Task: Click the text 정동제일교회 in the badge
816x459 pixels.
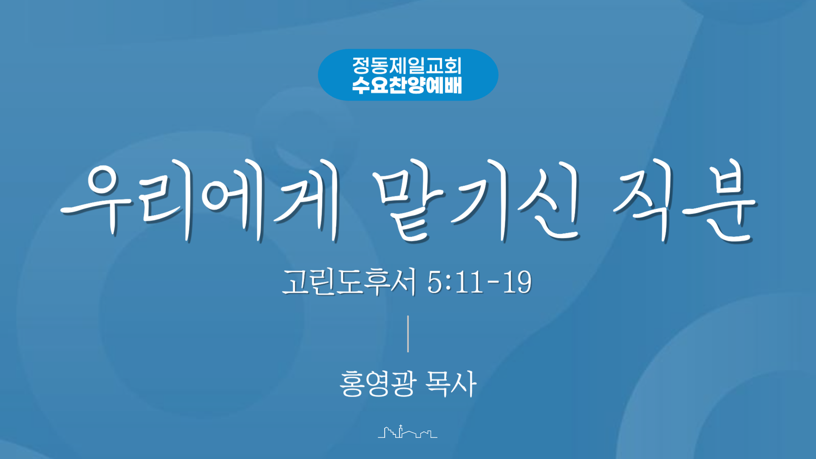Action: [407, 65]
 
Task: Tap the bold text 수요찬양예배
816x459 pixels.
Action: [407, 85]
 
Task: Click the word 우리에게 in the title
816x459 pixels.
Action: [200, 200]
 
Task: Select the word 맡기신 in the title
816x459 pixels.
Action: [476, 200]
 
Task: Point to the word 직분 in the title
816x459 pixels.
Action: [684, 200]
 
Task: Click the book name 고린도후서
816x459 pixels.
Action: [348, 282]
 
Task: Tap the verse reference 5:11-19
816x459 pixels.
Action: [479, 282]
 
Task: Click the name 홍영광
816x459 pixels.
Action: [377, 384]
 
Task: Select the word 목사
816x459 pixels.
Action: [451, 384]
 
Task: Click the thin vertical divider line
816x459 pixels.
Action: [408, 334]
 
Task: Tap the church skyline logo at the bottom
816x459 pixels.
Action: [408, 431]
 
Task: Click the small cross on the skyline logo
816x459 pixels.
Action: [400, 426]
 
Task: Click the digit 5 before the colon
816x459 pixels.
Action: [435, 282]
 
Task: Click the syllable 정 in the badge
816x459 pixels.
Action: [361, 65]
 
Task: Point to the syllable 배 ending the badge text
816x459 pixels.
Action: [453, 85]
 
